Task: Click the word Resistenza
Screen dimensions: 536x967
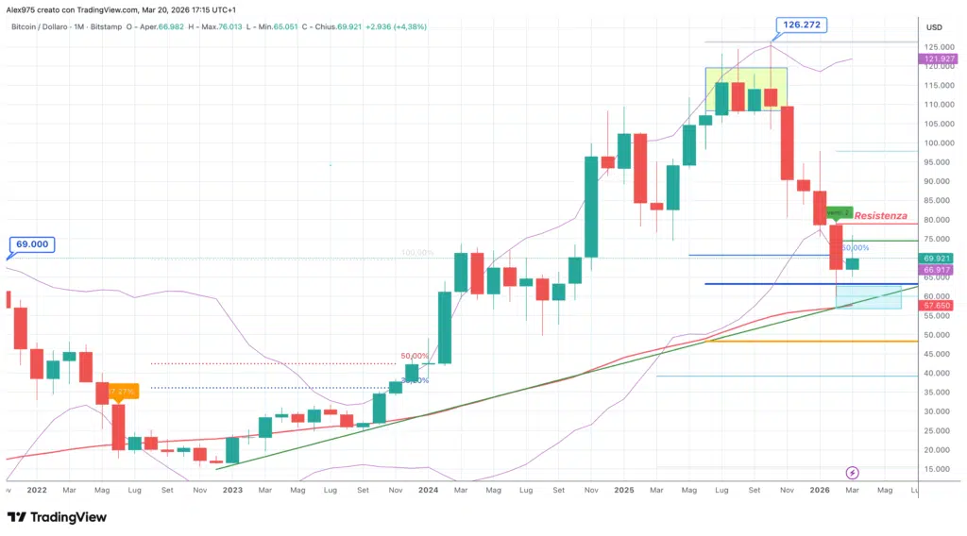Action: coord(882,216)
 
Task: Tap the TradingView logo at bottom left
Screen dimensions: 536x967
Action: coord(57,517)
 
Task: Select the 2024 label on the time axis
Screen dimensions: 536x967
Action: coord(428,491)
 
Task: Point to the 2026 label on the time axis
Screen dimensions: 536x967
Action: coord(821,491)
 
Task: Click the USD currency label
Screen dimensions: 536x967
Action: coord(935,26)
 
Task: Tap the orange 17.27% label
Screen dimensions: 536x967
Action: coord(123,390)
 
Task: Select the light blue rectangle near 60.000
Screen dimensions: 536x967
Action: coord(869,296)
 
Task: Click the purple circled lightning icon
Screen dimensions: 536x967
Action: coord(853,472)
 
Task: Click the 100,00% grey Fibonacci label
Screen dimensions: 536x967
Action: coord(416,253)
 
